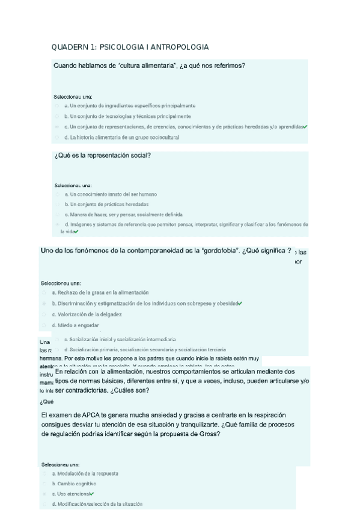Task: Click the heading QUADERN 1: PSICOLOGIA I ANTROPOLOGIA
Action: [x=130, y=47]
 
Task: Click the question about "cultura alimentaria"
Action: [x=149, y=66]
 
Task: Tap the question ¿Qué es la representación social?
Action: [x=102, y=156]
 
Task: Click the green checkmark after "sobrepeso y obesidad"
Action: [x=240, y=303]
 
